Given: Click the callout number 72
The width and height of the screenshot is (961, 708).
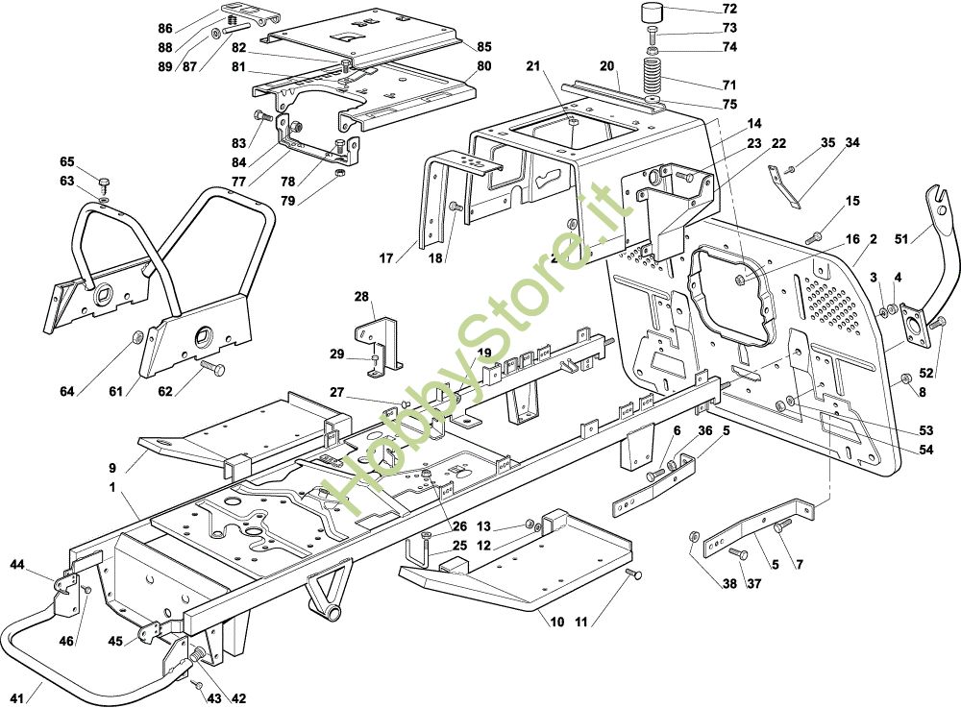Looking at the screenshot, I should coord(729,9).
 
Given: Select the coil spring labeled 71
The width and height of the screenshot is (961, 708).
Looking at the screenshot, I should coord(653,72).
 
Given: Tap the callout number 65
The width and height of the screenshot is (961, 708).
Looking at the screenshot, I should coord(66,161).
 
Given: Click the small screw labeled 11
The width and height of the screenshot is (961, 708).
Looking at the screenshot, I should coord(632,574).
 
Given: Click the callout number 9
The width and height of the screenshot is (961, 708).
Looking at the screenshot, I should coord(113,468).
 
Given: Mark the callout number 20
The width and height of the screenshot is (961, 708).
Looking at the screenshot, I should coord(607,65).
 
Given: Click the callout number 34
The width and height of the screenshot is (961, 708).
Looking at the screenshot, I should coord(851,143).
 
